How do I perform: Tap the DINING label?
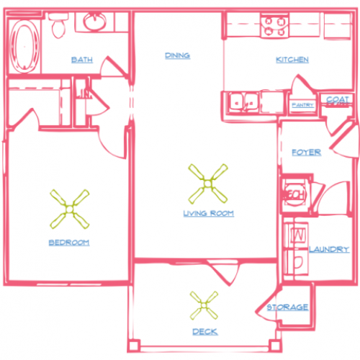[177, 55]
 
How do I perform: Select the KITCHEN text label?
[292, 60]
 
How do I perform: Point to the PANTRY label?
[301, 105]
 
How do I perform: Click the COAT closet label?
[338, 100]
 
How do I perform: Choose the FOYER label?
[306, 153]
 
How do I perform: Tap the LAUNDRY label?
[329, 249]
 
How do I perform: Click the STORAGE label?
[288, 307]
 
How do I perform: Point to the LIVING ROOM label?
[208, 214]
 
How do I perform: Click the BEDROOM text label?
[69, 243]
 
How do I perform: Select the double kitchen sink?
[243, 103]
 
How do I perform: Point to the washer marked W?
[297, 235]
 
